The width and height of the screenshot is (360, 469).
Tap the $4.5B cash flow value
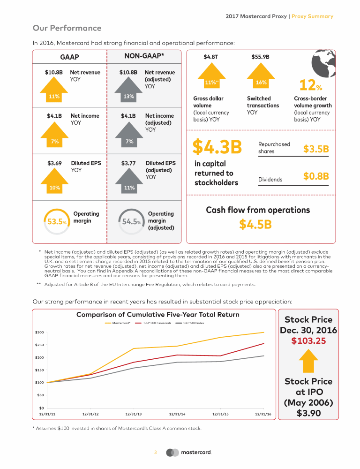[x=255, y=224]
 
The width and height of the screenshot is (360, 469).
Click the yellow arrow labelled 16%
[x=261, y=78]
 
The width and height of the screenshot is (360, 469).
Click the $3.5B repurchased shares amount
[x=316, y=149]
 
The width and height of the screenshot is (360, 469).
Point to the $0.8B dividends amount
[x=316, y=176]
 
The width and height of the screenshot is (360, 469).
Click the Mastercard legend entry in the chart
[x=118, y=323]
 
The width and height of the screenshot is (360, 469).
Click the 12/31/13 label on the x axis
[x=134, y=414]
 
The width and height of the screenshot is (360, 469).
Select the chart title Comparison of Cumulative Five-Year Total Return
[x=157, y=314]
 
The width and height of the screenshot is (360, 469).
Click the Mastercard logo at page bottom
[x=191, y=453]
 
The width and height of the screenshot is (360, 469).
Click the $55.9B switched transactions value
[x=260, y=57]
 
